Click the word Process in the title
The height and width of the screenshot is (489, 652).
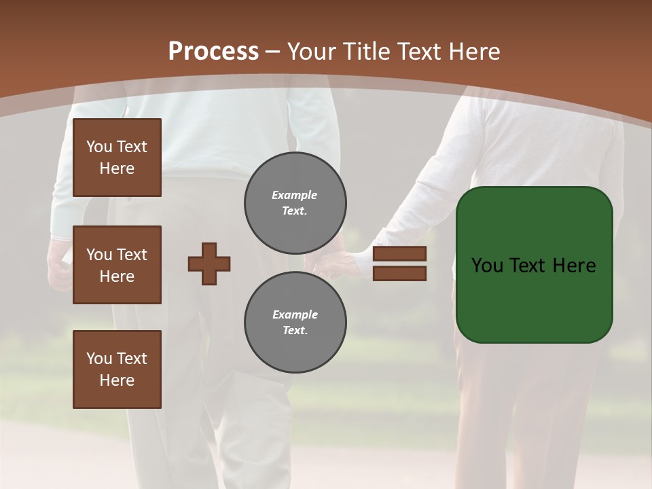(x=213, y=52)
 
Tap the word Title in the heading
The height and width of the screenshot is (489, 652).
(x=366, y=52)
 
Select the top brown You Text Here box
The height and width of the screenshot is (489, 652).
(x=117, y=158)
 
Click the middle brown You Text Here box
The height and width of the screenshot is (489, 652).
(x=117, y=265)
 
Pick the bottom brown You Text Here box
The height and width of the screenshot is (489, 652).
(x=117, y=369)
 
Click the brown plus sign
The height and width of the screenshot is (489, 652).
(x=209, y=264)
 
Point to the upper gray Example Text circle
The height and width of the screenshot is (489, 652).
(x=295, y=203)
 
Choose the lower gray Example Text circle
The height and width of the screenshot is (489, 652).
(x=295, y=323)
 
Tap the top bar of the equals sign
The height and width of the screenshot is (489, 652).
(x=399, y=254)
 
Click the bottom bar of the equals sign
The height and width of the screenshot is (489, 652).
(x=399, y=273)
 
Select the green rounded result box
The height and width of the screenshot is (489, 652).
(x=535, y=265)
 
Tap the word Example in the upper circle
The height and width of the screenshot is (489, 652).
(x=294, y=196)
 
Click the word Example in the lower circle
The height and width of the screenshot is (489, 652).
(x=295, y=315)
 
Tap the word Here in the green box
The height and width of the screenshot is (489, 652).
(x=574, y=266)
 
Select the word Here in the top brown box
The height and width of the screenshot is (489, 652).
(x=117, y=169)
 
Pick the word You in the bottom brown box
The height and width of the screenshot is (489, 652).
(x=99, y=359)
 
